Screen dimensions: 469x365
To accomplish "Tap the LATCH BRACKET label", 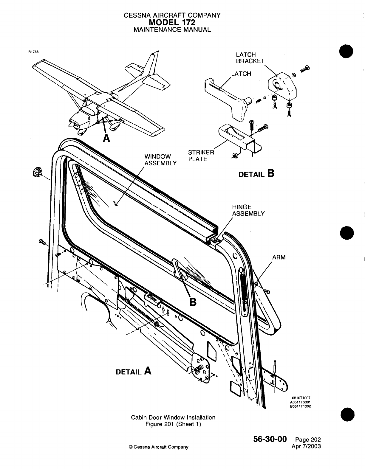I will click(x=250, y=58).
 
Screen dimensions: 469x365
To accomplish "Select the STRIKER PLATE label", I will click(x=201, y=156).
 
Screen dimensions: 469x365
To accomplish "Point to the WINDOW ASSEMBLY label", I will click(x=160, y=160).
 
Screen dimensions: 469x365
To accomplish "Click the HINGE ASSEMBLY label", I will click(x=248, y=210).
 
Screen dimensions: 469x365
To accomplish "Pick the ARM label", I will click(x=279, y=257).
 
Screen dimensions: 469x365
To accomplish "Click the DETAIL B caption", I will click(x=256, y=174).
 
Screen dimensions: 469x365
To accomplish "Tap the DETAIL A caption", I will click(x=133, y=371).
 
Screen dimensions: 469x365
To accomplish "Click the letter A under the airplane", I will click(x=106, y=138).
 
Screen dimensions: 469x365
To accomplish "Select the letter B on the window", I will click(x=193, y=302).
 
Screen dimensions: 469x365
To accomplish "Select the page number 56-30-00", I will click(x=270, y=439).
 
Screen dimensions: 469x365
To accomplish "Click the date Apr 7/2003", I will click(x=307, y=446).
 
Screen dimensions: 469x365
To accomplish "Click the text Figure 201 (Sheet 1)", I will click(x=173, y=424).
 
